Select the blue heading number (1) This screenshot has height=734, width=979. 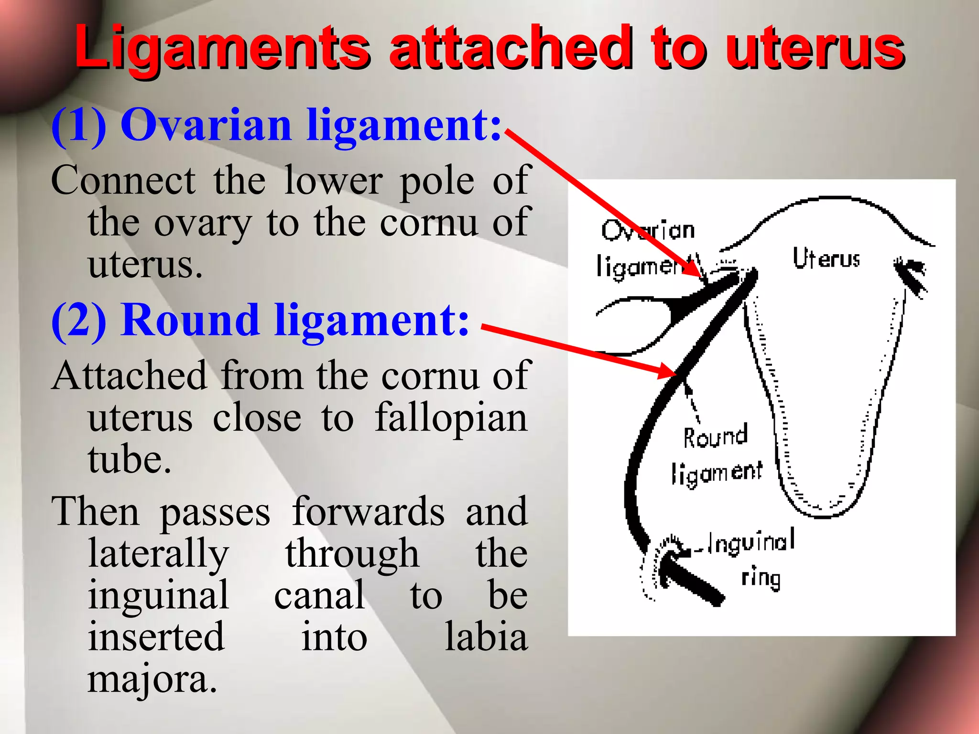click(79, 125)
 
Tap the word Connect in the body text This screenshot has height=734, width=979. click(123, 181)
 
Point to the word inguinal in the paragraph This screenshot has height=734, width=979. click(158, 596)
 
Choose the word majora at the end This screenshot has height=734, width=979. click(152, 679)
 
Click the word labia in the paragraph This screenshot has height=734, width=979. click(486, 637)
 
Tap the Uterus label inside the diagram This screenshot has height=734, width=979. click(826, 259)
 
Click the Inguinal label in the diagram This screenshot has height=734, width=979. click(751, 542)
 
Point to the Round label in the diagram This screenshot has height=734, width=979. click(715, 436)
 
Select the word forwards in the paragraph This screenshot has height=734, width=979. click(368, 512)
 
